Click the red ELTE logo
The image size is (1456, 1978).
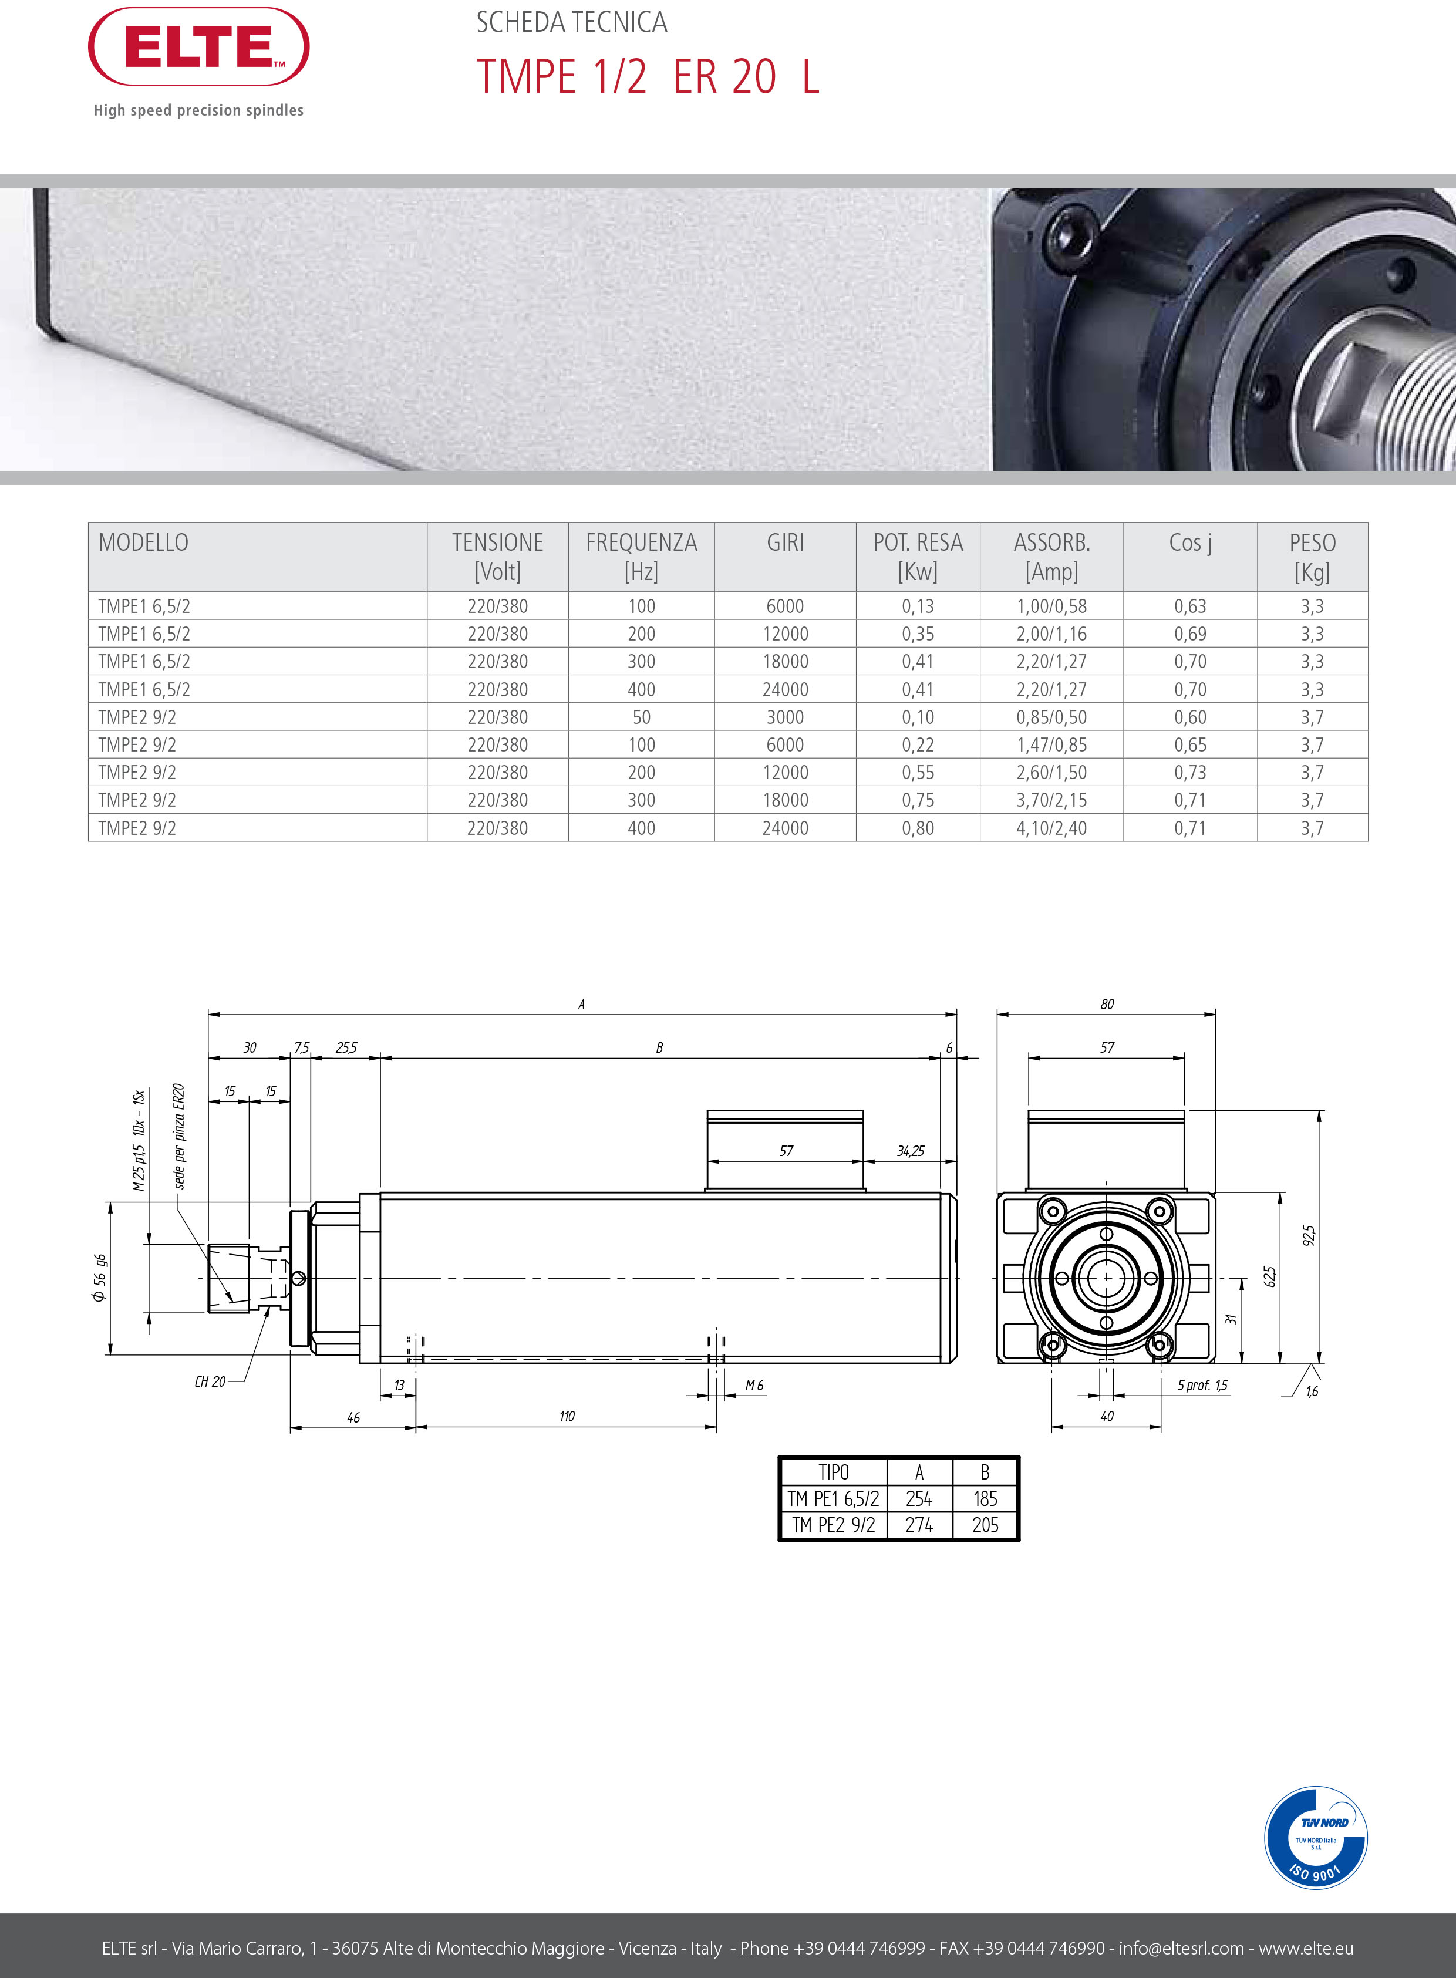click(198, 47)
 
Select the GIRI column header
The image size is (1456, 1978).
click(784, 543)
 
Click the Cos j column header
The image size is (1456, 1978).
click(1190, 543)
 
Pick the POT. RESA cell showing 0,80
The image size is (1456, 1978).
click(918, 828)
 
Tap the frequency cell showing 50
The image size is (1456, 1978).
click(641, 717)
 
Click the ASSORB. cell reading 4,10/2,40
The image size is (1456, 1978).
click(1051, 828)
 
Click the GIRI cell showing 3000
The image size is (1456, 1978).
click(784, 717)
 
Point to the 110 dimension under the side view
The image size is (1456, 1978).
click(567, 1417)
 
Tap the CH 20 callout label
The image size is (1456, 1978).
click(210, 1382)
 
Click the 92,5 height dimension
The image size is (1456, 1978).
click(1309, 1236)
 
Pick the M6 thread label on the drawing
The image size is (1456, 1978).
click(754, 1386)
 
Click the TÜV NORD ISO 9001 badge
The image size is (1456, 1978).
click(1316, 1838)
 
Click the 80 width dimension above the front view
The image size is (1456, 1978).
click(1107, 1004)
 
